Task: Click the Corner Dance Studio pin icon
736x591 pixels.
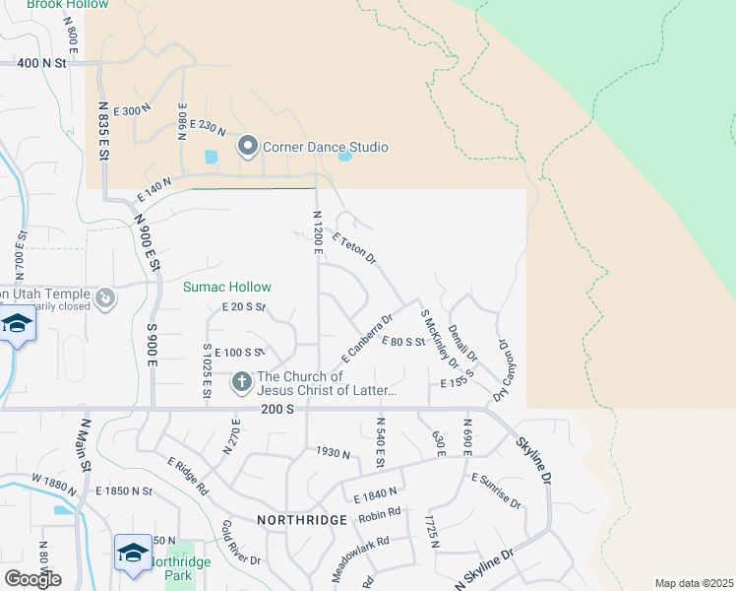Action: (x=247, y=147)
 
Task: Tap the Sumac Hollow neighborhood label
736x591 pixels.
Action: (x=226, y=288)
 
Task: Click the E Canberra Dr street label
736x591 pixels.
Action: (x=367, y=337)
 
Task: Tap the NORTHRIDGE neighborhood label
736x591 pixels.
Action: (x=302, y=520)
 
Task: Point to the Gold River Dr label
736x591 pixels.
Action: (x=241, y=543)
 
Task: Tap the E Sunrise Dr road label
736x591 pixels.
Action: (x=496, y=490)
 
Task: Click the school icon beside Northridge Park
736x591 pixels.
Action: (x=133, y=552)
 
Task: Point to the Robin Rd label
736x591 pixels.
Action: (x=380, y=512)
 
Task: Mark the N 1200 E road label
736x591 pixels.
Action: (x=317, y=233)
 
